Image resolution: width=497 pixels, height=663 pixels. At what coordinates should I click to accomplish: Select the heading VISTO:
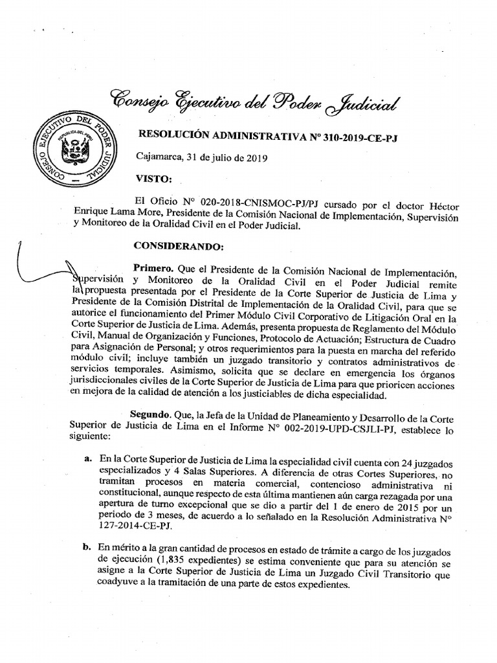tap(153, 178)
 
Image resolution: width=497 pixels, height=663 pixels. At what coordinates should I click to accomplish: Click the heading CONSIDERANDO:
tap(179, 246)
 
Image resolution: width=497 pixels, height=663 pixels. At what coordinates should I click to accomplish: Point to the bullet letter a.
tap(87, 458)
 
